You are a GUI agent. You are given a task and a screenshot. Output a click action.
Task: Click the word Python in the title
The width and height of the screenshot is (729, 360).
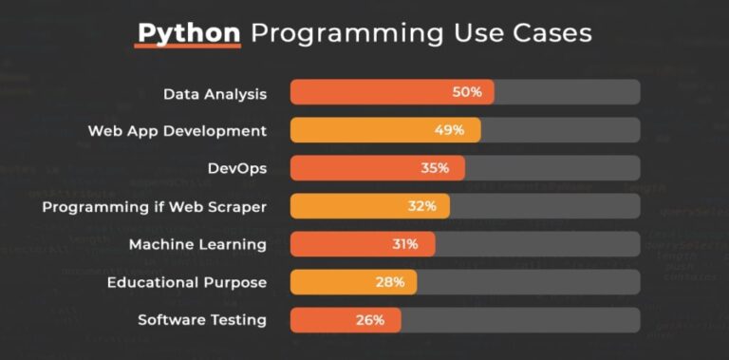pyautogui.click(x=188, y=32)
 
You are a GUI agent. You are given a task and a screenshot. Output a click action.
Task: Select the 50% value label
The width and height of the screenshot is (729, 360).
pyautogui.click(x=467, y=92)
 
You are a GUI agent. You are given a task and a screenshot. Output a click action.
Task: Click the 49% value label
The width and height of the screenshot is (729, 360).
pyautogui.click(x=449, y=130)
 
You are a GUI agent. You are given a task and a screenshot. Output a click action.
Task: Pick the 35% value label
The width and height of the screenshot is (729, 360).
pyautogui.click(x=435, y=168)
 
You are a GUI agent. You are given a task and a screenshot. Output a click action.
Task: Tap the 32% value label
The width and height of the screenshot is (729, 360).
pyautogui.click(x=421, y=206)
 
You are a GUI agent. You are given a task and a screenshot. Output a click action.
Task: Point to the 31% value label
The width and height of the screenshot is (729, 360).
pyautogui.click(x=405, y=244)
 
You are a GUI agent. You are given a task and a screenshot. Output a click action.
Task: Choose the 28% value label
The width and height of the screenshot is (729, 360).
pyautogui.click(x=390, y=282)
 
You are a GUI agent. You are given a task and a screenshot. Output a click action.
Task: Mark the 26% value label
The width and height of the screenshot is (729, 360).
pyautogui.click(x=370, y=320)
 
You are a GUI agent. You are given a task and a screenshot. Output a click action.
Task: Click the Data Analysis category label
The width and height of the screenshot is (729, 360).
pyautogui.click(x=215, y=93)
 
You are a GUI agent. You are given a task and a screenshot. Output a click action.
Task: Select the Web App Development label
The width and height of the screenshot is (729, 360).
pyautogui.click(x=178, y=130)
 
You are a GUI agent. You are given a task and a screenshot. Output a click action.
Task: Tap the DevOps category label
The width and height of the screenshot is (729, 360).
pyautogui.click(x=236, y=168)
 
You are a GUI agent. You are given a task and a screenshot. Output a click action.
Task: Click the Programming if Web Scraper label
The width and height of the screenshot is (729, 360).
pyautogui.click(x=155, y=206)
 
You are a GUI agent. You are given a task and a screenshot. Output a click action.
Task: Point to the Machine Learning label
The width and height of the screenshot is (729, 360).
pyautogui.click(x=197, y=244)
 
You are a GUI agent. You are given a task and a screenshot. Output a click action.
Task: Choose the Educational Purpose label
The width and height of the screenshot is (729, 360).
pyautogui.click(x=186, y=282)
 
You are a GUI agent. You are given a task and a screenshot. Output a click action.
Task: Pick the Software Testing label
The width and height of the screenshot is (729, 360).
pyautogui.click(x=202, y=320)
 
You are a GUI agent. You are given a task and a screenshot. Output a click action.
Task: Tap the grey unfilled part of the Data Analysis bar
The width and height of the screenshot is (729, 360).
pyautogui.click(x=567, y=92)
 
